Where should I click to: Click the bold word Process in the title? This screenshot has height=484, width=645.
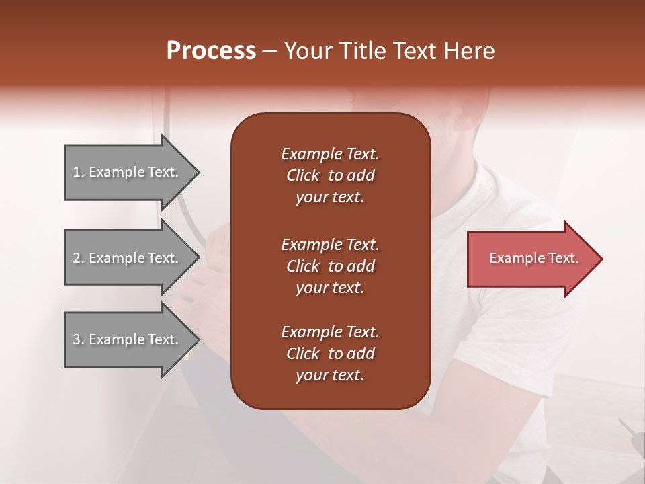(211, 51)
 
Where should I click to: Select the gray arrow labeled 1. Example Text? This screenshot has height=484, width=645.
(126, 173)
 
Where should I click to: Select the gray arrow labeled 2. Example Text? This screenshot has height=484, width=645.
(126, 258)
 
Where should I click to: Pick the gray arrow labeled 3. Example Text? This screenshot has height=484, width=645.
(126, 339)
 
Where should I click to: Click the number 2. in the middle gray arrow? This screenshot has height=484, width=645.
(79, 258)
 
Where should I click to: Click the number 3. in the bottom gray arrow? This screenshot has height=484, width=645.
(79, 339)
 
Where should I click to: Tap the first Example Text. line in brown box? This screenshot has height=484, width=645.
(330, 154)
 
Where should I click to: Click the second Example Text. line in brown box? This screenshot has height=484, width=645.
(330, 244)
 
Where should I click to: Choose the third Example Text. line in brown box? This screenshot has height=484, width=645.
(330, 332)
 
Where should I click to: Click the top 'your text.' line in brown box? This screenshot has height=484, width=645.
(330, 198)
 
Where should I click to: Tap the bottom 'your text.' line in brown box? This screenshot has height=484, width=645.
(330, 376)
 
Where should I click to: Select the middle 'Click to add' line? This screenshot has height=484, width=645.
(330, 266)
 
